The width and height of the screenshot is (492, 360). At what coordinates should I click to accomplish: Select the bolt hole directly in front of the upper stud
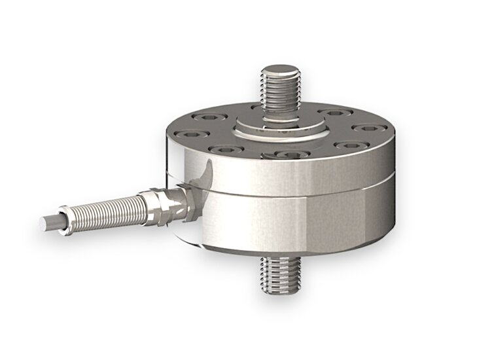286,155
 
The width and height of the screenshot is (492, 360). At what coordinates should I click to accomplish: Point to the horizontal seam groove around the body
294,197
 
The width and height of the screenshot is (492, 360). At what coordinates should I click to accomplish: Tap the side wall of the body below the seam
294,223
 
